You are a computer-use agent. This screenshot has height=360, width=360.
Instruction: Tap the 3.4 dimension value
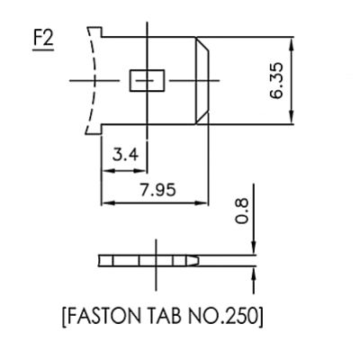click(x=125, y=156)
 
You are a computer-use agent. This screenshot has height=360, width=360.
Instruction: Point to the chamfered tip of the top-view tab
click(x=204, y=81)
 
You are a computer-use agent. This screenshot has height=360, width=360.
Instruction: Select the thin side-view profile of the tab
click(x=148, y=261)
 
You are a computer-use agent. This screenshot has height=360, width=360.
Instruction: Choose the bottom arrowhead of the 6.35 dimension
click(x=291, y=122)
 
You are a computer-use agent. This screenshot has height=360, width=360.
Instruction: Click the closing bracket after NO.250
click(x=261, y=318)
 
